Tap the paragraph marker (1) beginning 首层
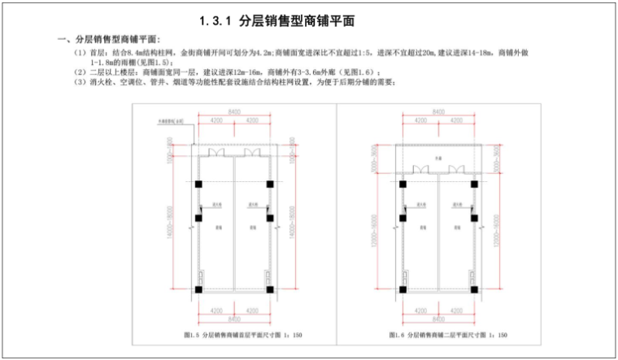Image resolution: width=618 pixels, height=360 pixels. pos(78,52)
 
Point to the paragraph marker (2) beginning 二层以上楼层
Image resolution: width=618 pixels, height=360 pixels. pos(78,72)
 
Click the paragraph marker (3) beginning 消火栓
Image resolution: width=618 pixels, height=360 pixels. pos(78,82)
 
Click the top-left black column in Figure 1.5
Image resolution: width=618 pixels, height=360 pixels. pos(199,184)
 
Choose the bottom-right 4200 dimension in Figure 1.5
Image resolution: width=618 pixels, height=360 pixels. pos(251,310)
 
